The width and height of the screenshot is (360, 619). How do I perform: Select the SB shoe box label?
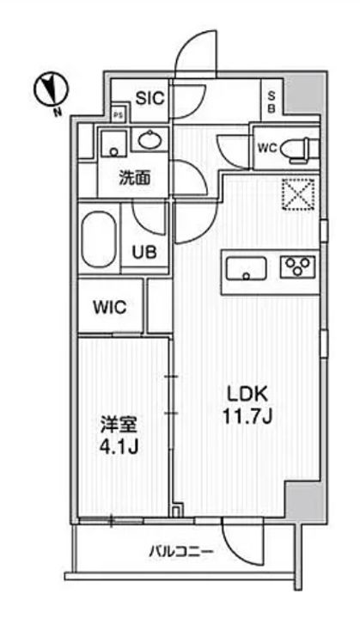pos(271,101)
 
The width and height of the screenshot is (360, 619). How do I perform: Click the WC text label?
pos(267,147)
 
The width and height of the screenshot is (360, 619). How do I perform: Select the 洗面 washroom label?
pos(135,179)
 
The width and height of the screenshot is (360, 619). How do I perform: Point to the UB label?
pos(143,252)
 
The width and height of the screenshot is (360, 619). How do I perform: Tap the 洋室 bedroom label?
pos(119,426)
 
